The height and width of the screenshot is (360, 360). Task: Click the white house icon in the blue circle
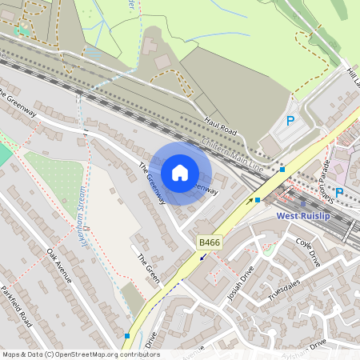[180, 173]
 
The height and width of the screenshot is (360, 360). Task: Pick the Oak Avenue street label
[59, 265]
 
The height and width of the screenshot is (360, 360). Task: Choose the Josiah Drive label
[239, 282]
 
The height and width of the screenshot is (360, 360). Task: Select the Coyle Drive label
[307, 251]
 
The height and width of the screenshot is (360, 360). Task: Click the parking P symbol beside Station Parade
[339, 192]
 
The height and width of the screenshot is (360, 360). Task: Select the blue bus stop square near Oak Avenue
[127, 336]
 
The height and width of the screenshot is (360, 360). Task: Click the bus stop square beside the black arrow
[258, 200]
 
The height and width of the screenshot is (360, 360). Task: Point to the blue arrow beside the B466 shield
[202, 257]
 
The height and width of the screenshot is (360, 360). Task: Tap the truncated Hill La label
[354, 77]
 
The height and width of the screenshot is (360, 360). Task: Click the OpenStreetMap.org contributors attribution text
[116, 354]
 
